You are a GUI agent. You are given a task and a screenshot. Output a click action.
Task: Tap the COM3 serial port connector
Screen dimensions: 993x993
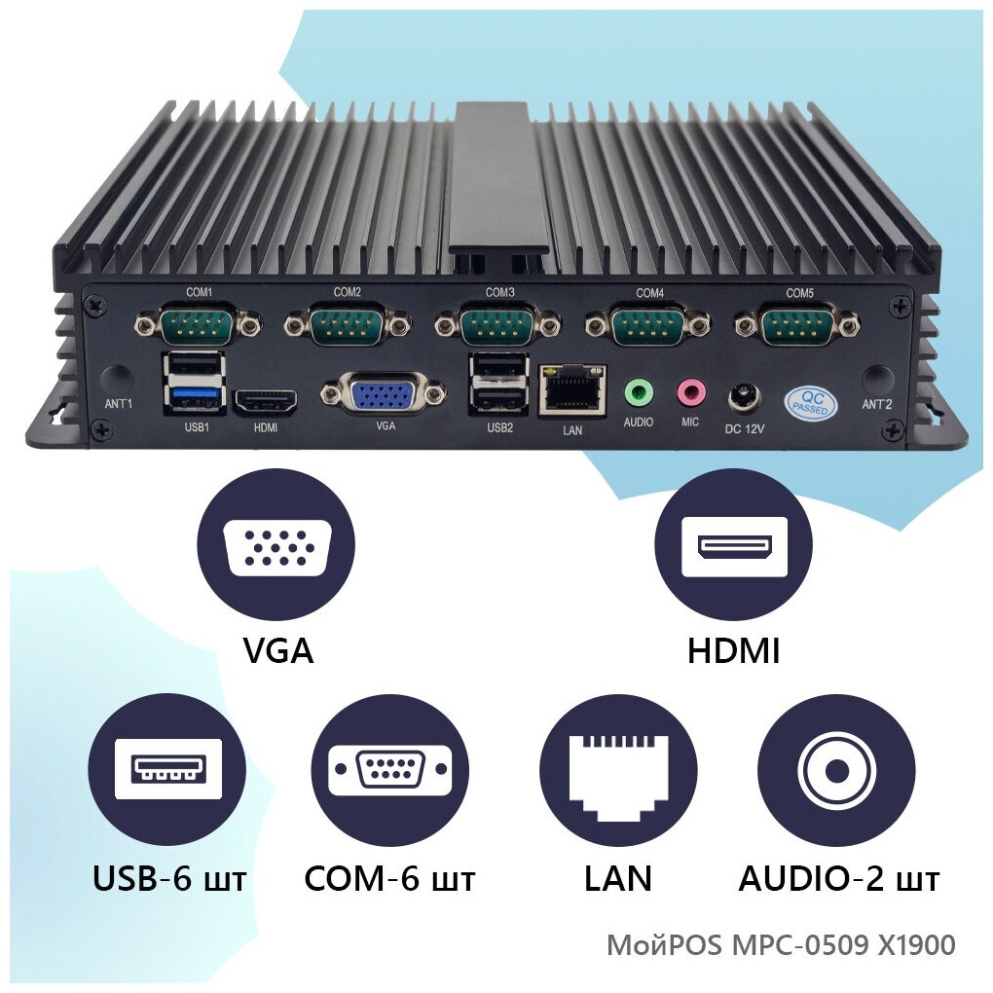point(497,323)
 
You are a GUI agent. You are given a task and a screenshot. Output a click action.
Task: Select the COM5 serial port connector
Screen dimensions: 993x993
point(797,323)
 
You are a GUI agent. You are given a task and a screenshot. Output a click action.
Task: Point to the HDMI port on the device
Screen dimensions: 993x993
point(264,401)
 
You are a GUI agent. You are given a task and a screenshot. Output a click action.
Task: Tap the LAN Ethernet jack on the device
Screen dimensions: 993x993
point(572,389)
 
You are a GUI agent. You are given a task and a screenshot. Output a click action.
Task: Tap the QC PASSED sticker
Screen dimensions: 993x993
point(809,402)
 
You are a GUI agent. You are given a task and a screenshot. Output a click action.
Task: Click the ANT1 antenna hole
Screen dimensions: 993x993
point(117,379)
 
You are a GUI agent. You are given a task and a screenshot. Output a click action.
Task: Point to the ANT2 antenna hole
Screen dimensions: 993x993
point(877,379)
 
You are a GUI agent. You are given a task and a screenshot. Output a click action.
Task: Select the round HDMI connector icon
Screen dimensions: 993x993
point(733,545)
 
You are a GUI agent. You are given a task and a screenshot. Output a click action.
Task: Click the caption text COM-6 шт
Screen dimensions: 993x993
point(389,879)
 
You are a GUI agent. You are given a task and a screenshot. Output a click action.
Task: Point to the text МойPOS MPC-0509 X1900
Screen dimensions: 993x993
point(781,945)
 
